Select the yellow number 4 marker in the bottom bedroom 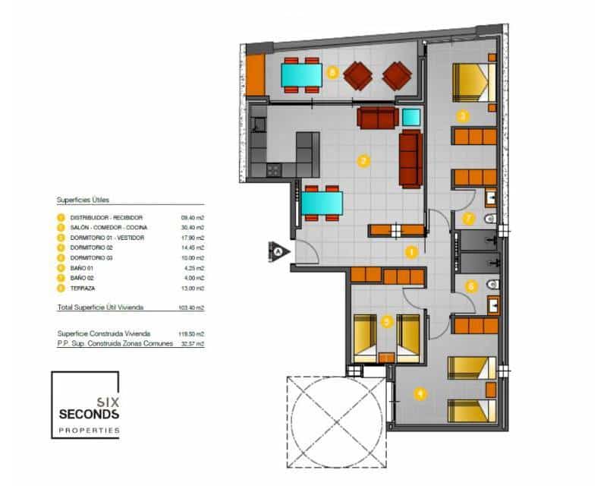(x=419, y=393)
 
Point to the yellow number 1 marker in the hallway (x=412, y=251)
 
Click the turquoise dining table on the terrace (x=301, y=75)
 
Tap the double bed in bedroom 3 (x=473, y=81)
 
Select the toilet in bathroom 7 (x=490, y=219)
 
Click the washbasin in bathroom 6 (x=490, y=305)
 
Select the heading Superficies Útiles (x=83, y=200)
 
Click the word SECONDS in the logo (x=89, y=415)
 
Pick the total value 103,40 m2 (x=193, y=308)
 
